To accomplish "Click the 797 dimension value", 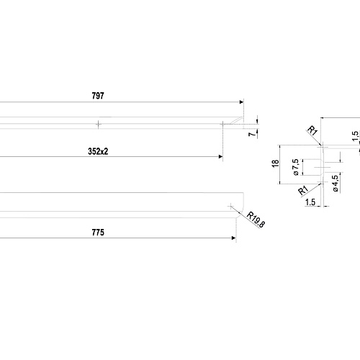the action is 98,96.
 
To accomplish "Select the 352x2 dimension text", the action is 98,151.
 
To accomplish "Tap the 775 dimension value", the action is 98,233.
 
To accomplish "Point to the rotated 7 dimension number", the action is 252,134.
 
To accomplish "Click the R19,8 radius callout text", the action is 256,220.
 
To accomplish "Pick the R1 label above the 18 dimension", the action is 312,131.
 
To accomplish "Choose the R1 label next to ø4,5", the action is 303,190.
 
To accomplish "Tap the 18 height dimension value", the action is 276,163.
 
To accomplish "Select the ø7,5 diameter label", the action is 296,167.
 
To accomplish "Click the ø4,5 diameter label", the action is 336,184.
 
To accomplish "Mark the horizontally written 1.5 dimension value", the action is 310,202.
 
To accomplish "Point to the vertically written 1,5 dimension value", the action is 356,136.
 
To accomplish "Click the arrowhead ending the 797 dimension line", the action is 242,102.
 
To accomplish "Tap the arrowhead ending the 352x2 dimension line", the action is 221,157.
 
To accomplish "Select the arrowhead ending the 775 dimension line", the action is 234,238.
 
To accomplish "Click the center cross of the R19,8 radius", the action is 230,206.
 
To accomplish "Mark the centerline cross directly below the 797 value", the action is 98,124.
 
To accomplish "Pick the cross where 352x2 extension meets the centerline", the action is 223,124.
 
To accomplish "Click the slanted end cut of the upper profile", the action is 236,121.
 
